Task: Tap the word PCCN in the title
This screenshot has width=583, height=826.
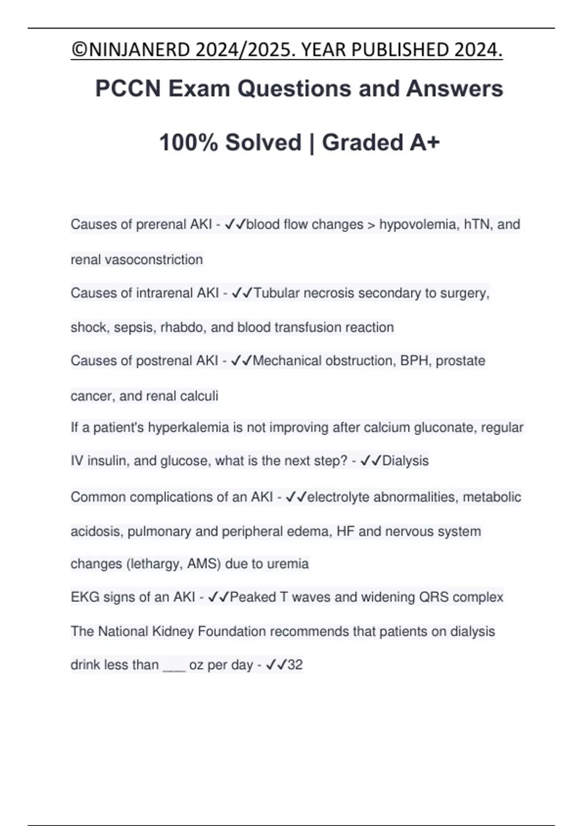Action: click(x=128, y=88)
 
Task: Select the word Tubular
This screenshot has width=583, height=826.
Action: click(x=276, y=293)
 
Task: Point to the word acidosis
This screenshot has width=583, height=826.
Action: click(x=96, y=532)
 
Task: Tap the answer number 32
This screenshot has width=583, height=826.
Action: click(x=295, y=665)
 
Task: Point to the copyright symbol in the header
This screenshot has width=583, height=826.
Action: click(x=77, y=50)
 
